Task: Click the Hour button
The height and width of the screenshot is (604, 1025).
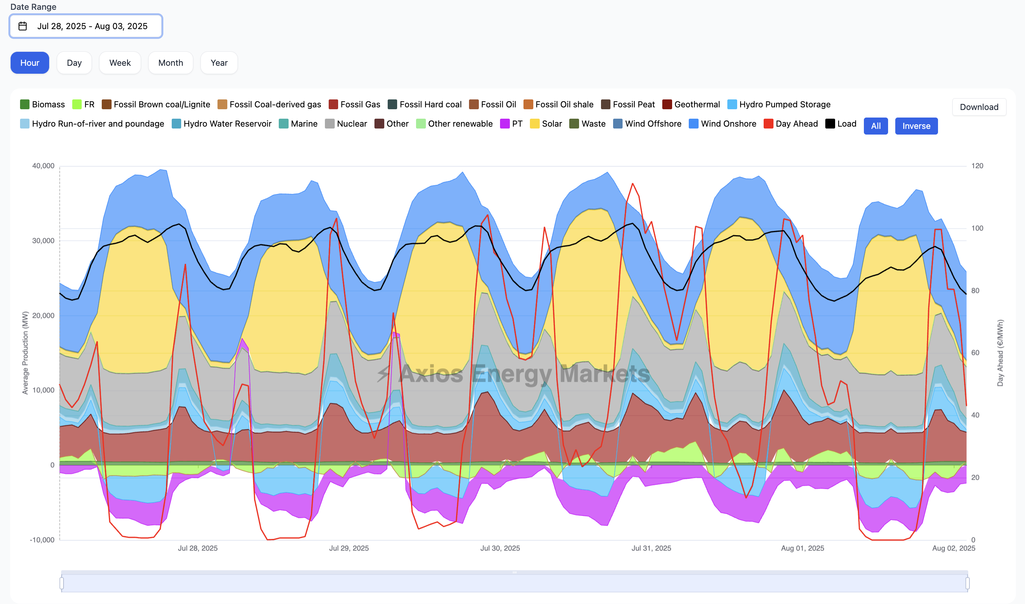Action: pyautogui.click(x=30, y=63)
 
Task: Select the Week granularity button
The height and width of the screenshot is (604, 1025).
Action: pyautogui.click(x=120, y=63)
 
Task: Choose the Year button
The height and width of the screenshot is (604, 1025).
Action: pyautogui.click(x=219, y=63)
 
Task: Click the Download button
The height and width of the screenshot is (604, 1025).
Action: pyautogui.click(x=978, y=107)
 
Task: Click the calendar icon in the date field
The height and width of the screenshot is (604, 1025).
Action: pyautogui.click(x=23, y=26)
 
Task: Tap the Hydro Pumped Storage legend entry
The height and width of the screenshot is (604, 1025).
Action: pyautogui.click(x=778, y=105)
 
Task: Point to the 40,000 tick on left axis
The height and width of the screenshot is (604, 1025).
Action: pyautogui.click(x=43, y=166)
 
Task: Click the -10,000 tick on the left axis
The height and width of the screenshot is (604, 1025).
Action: pyautogui.click(x=42, y=540)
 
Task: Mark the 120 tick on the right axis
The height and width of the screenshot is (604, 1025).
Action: pyautogui.click(x=977, y=166)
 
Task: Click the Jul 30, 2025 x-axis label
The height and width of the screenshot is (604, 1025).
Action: pyautogui.click(x=500, y=548)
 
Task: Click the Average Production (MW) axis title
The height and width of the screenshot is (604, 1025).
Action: pyautogui.click(x=25, y=353)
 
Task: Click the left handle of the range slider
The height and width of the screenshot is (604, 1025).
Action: pyautogui.click(x=62, y=583)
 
